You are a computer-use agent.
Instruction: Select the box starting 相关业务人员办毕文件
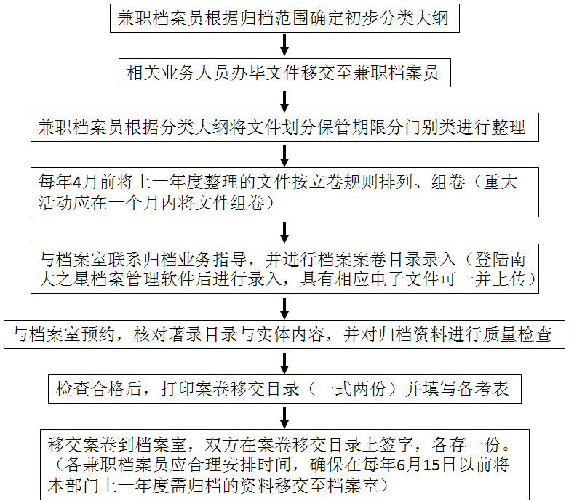pyautogui.click(x=284, y=73)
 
